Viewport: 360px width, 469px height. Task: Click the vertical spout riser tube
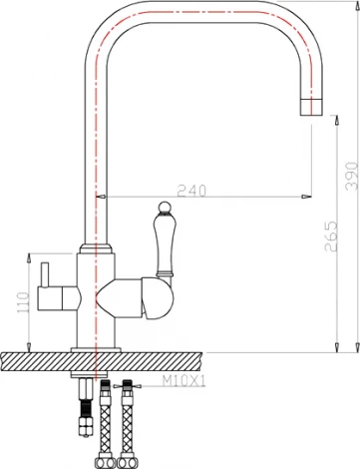96,150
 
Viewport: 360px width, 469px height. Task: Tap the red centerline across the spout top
199,18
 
